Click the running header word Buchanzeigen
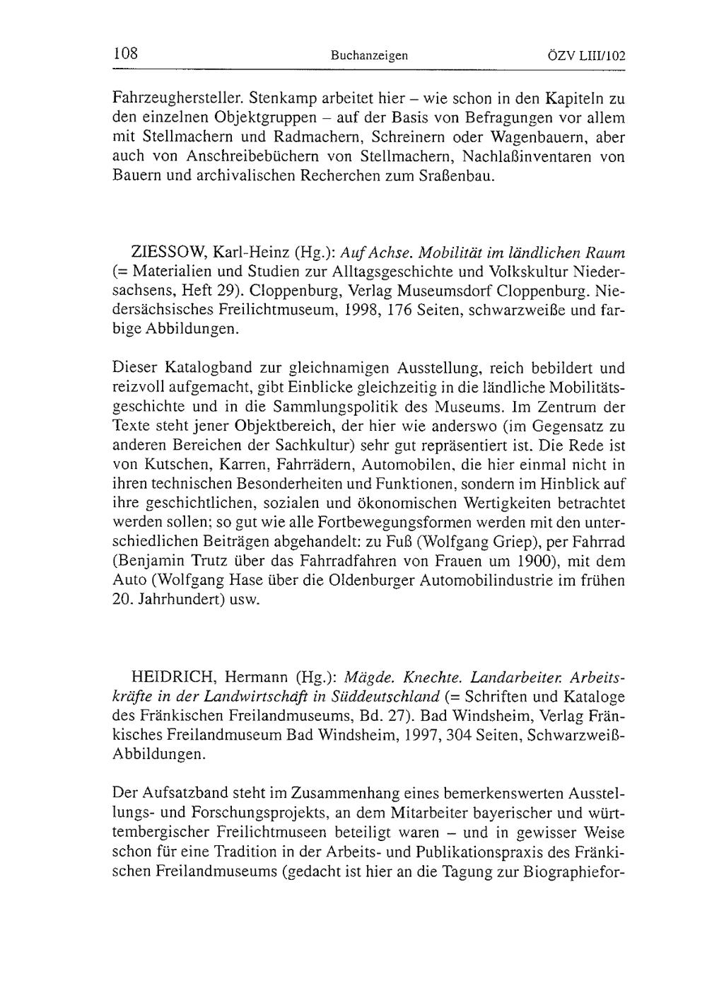(369, 54)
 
